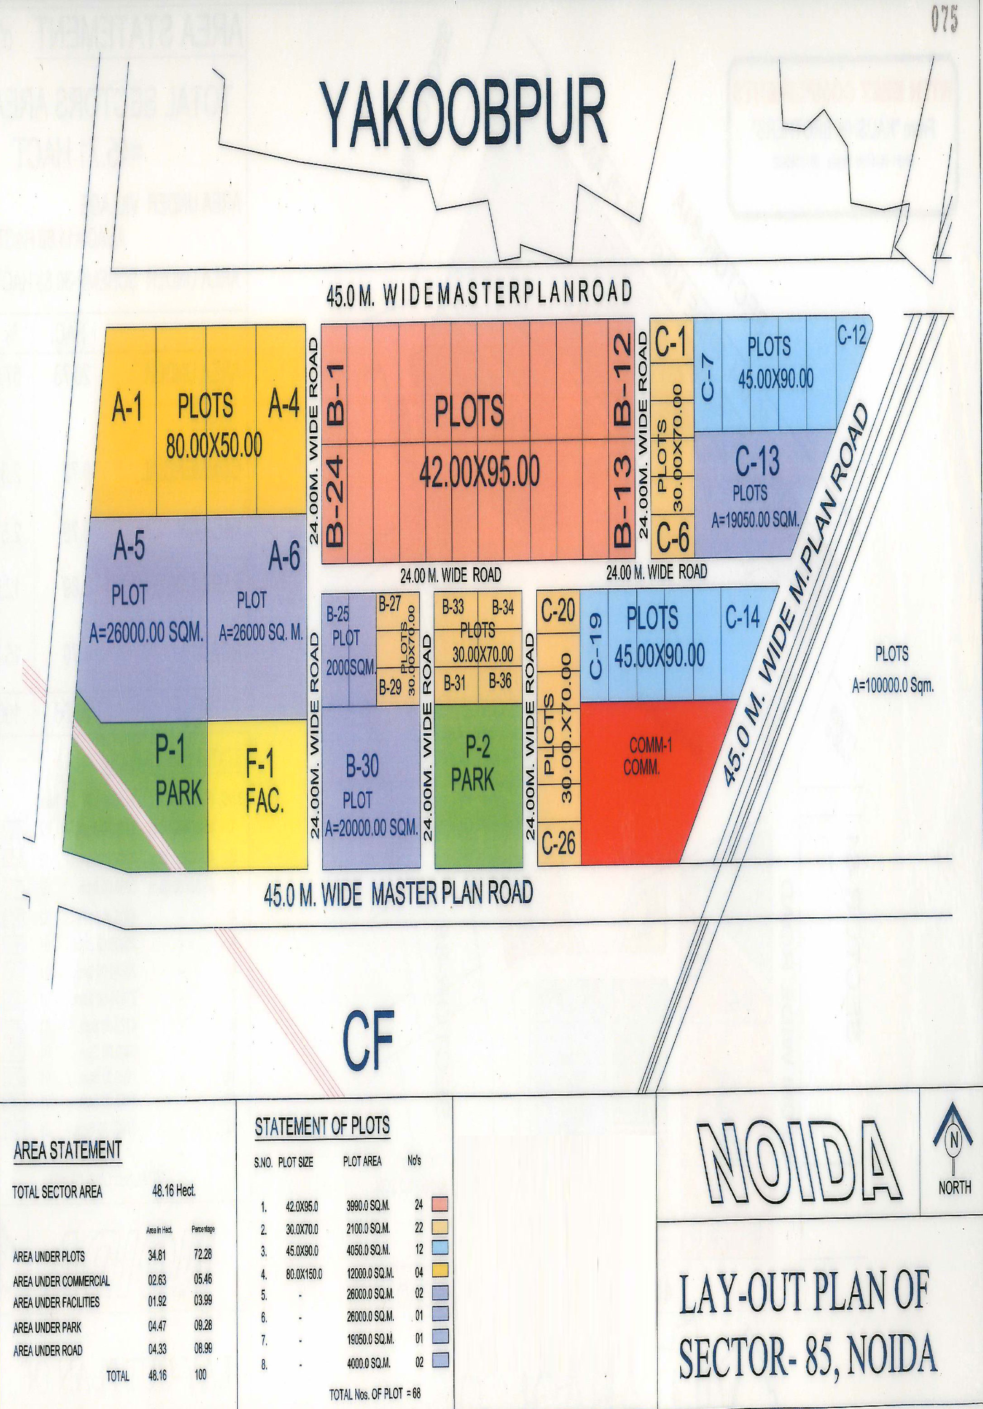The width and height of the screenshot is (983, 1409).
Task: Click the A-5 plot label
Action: (129, 547)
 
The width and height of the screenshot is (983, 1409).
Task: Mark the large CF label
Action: (367, 1040)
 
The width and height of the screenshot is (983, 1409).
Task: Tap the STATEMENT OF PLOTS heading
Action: (322, 1127)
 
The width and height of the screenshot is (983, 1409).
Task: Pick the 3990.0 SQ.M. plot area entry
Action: (368, 1207)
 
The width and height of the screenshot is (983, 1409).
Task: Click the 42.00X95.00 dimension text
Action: (479, 473)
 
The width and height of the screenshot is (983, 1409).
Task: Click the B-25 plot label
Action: (338, 613)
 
